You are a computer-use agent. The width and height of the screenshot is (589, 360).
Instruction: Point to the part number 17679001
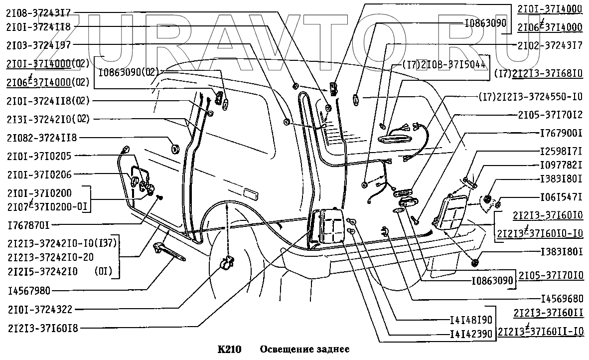pyautogui.click(x=561, y=134)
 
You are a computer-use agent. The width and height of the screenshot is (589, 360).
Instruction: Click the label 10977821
pyautogui.click(x=561, y=165)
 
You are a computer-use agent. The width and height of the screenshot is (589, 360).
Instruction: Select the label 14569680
pyautogui.click(x=561, y=300)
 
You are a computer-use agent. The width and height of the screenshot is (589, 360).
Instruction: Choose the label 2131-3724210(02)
pyautogui.click(x=48, y=119)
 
